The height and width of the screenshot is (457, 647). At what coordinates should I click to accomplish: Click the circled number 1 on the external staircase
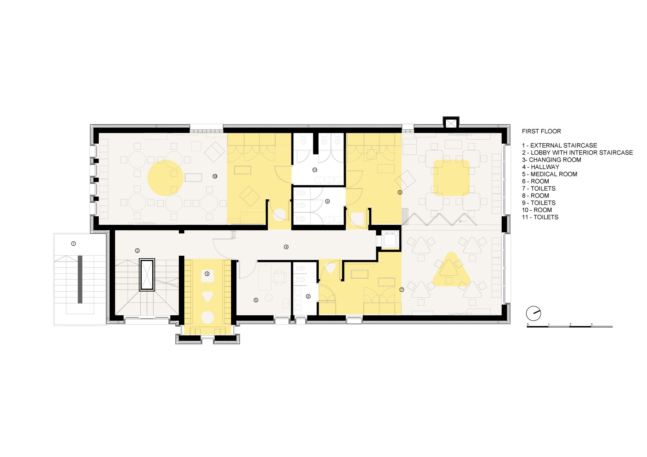coord(73,243)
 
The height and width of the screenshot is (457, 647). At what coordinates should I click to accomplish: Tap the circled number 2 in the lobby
coord(137,250)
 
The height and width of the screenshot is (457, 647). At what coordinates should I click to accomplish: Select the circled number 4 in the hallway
coord(286,247)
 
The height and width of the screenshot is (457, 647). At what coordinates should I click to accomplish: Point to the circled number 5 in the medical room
coord(256,300)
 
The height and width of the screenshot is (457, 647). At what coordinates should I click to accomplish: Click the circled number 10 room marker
coord(215,176)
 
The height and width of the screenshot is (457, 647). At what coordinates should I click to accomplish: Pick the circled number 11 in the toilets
coord(314,170)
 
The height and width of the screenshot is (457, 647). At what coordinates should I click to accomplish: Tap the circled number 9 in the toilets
coord(327,201)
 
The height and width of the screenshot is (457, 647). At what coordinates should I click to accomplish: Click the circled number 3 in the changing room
coord(207,274)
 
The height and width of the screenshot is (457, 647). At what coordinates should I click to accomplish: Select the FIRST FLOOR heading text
coord(541,131)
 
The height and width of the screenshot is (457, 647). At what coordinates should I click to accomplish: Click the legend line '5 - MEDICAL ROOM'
coord(549,174)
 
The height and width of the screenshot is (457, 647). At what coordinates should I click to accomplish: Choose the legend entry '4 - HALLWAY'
coord(541,167)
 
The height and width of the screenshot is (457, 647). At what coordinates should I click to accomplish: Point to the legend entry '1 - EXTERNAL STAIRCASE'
coord(559,145)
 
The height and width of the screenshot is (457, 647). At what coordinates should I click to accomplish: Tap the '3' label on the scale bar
coord(591,324)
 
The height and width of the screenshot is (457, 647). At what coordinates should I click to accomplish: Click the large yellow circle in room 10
coord(165,178)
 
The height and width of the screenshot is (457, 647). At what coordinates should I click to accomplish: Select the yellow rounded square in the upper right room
coord(451,178)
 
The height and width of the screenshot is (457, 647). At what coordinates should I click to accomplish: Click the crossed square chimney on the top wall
coord(451,123)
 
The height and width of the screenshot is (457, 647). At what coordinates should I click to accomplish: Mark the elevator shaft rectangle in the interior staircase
coord(147,275)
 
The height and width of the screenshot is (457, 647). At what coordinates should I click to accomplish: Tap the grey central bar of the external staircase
coord(80,279)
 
